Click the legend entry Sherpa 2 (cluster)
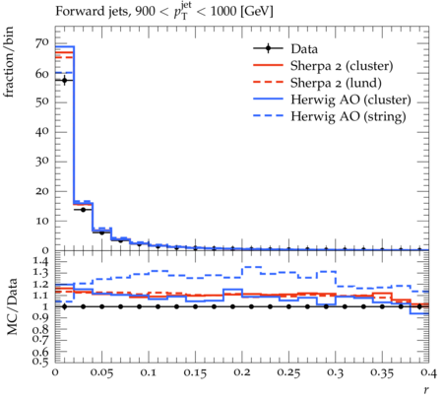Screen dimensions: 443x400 [342, 66]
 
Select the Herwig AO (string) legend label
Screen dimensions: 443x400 [348, 116]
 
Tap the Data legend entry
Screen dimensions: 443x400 [304, 49]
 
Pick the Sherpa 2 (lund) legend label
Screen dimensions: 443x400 [336, 83]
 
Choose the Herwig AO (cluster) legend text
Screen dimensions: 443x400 [350, 100]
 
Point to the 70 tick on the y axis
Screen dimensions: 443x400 [42, 43]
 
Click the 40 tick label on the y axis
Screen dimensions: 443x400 [42, 132]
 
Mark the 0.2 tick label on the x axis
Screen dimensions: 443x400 [242, 372]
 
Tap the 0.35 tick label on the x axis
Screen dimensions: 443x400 [382, 372]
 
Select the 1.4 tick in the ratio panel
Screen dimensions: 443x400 [41, 262]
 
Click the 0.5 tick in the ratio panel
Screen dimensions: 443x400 [41, 362]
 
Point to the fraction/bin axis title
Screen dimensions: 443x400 [9, 62]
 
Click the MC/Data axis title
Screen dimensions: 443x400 [12, 306]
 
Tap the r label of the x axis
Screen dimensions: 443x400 [426, 390]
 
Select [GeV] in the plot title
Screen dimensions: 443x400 [256, 12]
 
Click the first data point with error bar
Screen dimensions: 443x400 [65, 80]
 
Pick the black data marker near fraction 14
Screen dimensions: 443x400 [83, 210]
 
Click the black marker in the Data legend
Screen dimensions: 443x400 [269, 49]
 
